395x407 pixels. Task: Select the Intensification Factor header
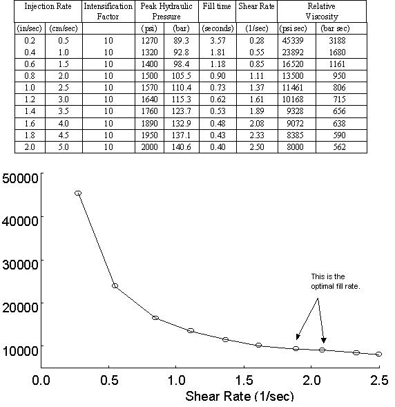(108, 11)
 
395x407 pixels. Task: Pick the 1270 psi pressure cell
(148, 41)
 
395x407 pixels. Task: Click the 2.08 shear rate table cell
(256, 124)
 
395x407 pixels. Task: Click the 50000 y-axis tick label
(19, 178)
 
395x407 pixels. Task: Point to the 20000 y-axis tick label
(19, 304)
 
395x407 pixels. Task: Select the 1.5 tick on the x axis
(244, 379)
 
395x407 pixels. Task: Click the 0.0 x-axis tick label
(41, 379)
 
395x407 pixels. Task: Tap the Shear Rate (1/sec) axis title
(239, 397)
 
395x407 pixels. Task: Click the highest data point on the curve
(78, 193)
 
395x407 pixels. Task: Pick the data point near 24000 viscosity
(115, 285)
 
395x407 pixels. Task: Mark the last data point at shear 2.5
(378, 354)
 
